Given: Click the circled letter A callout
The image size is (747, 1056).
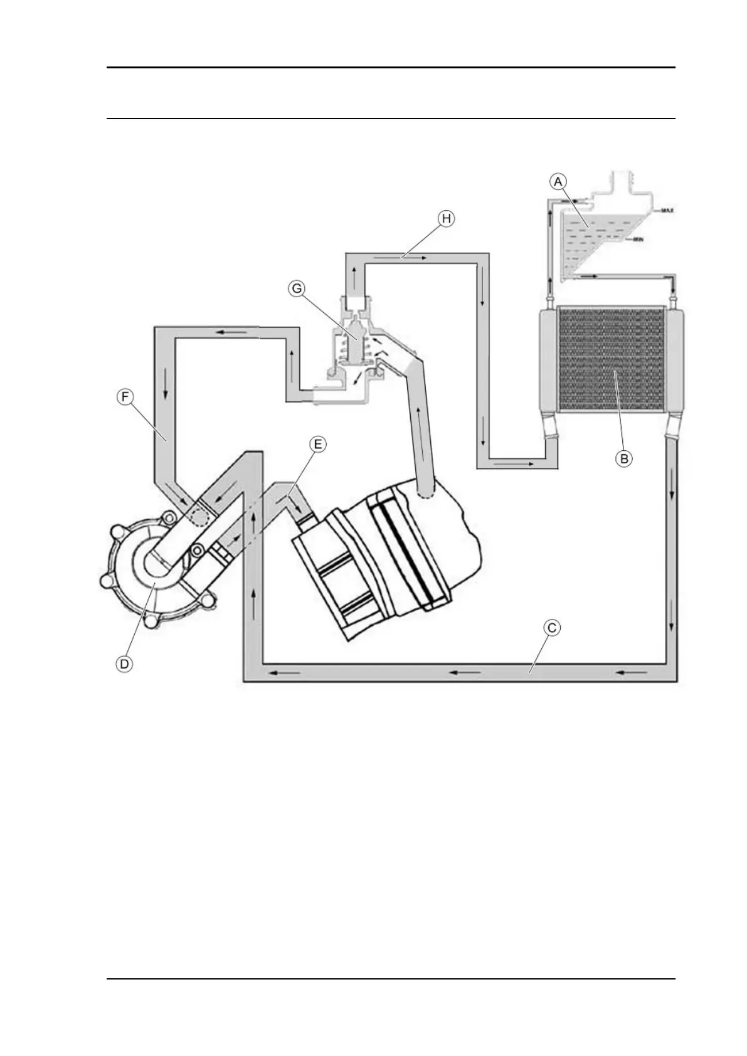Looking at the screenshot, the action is (x=558, y=181).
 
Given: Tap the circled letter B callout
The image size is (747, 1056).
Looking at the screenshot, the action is (x=624, y=458).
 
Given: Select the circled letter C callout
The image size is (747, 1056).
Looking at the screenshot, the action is (x=551, y=626).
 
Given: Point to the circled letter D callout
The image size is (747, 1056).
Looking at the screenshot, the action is (x=125, y=663).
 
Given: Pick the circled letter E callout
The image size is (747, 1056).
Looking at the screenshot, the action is (x=318, y=445).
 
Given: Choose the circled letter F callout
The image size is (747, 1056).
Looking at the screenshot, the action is (x=126, y=398).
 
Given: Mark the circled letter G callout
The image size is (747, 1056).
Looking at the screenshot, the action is (x=296, y=288).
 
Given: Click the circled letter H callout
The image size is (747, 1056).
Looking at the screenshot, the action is (x=445, y=218).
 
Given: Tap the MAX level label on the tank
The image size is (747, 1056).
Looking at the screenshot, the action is (x=666, y=211).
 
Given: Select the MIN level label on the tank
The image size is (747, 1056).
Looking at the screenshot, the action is (x=639, y=240).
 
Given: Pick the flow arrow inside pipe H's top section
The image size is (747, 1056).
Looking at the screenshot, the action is (x=415, y=257).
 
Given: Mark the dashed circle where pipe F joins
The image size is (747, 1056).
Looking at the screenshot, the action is (x=200, y=515).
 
